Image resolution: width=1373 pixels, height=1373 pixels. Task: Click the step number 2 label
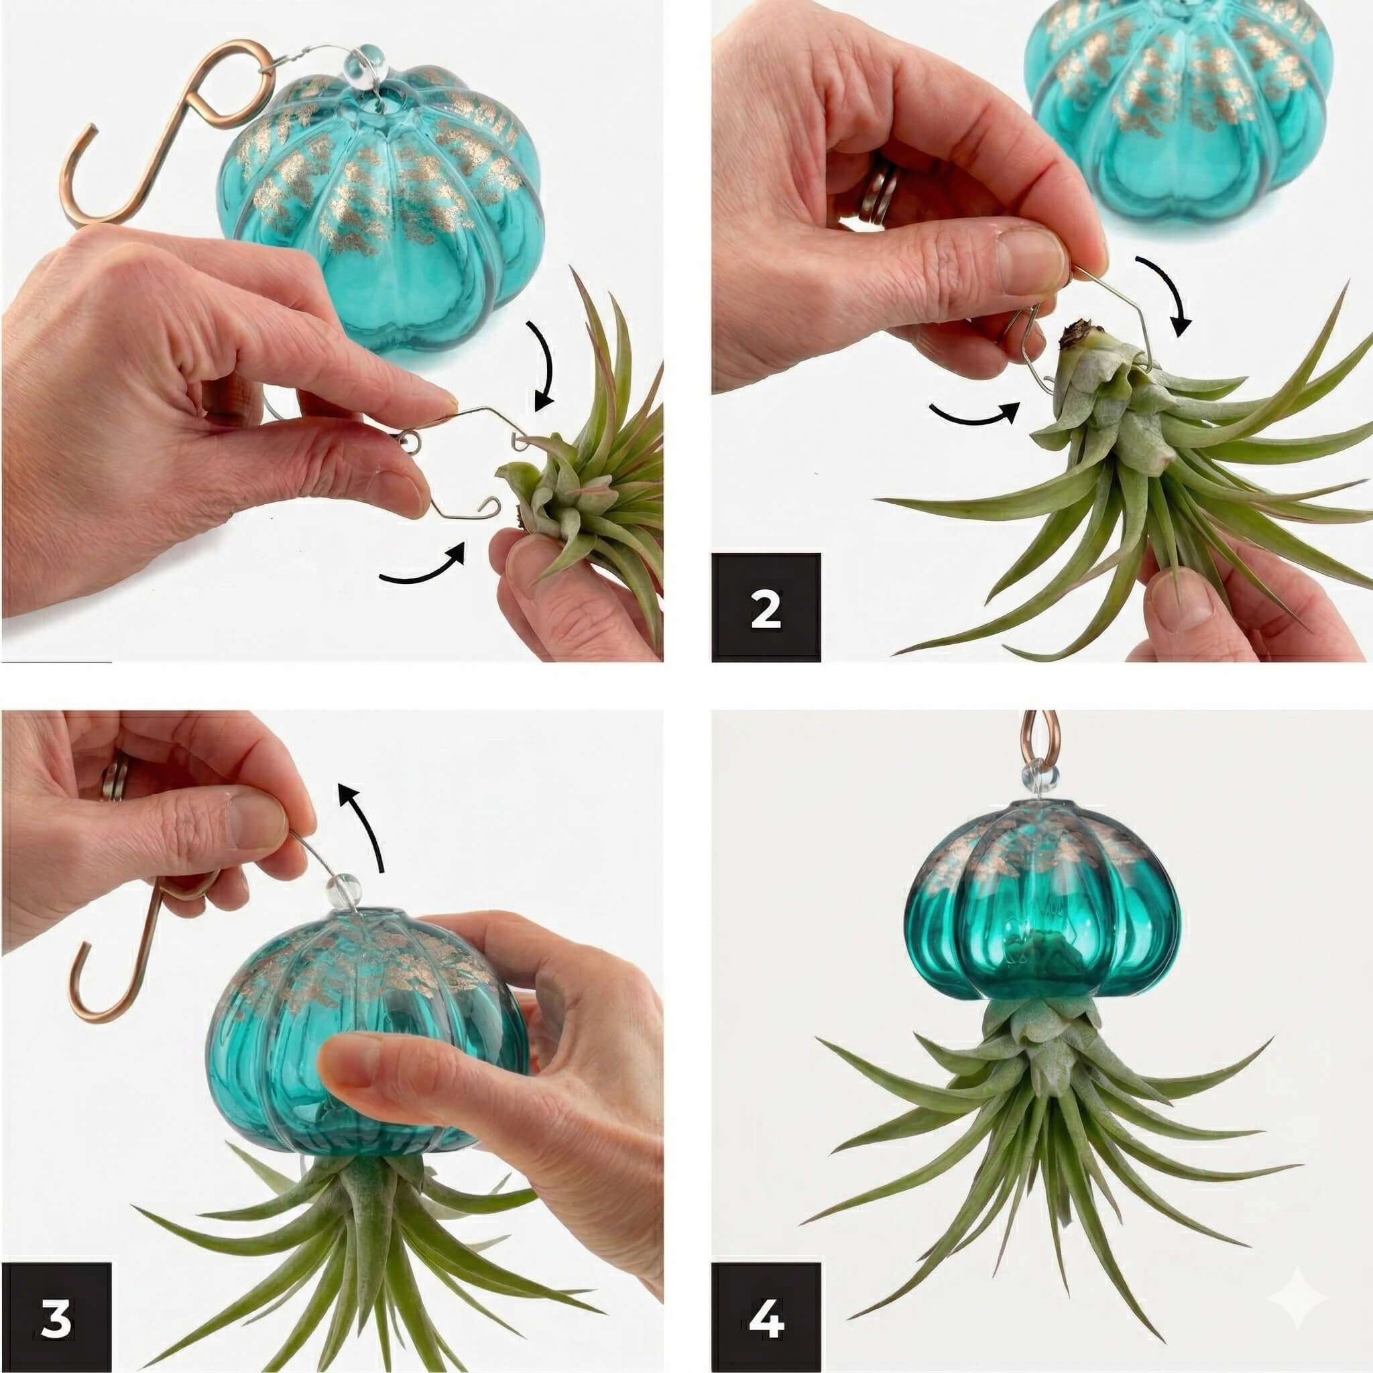(766, 607)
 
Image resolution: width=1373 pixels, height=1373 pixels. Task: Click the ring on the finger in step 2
(878, 192)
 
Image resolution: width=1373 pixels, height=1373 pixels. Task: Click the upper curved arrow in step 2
(1167, 292)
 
